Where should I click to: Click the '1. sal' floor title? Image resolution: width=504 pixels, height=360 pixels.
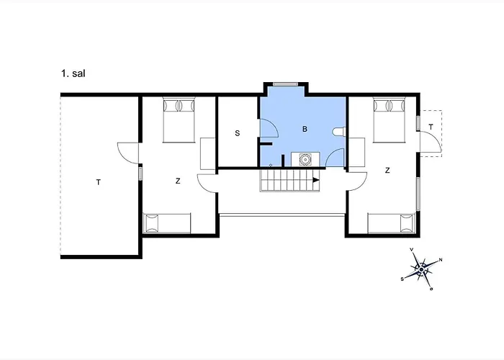tap(73, 73)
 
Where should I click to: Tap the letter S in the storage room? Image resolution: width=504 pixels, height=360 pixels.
tap(237, 133)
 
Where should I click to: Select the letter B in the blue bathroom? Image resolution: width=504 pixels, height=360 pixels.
tap(305, 129)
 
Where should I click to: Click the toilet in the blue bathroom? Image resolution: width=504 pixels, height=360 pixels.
tap(339, 132)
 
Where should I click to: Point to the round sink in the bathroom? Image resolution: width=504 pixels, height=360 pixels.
tap(305, 159)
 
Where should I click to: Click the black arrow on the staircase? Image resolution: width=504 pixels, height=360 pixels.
tap(316, 180)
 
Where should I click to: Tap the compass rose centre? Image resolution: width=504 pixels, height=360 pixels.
tap(421, 269)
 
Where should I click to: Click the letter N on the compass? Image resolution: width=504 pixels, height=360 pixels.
tap(441, 260)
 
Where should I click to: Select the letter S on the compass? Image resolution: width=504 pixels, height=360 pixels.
tap(402, 279)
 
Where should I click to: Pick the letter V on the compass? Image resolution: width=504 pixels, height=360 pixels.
tap(412, 249)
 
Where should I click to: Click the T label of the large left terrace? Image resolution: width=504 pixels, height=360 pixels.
tap(99, 183)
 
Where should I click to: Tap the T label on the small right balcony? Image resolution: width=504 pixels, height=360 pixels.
tap(431, 127)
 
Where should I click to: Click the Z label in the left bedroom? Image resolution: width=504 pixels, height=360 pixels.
tap(178, 181)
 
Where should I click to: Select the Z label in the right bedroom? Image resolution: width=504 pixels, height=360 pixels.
tap(387, 171)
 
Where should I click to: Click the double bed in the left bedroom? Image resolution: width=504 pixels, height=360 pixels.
tap(179, 120)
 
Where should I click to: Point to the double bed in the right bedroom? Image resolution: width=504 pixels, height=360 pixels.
tap(389, 120)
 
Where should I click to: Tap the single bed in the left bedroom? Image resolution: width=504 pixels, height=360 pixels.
tap(167, 223)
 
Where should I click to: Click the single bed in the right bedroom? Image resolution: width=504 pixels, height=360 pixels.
tap(391, 223)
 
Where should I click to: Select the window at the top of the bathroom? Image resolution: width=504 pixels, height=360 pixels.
tap(285, 84)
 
